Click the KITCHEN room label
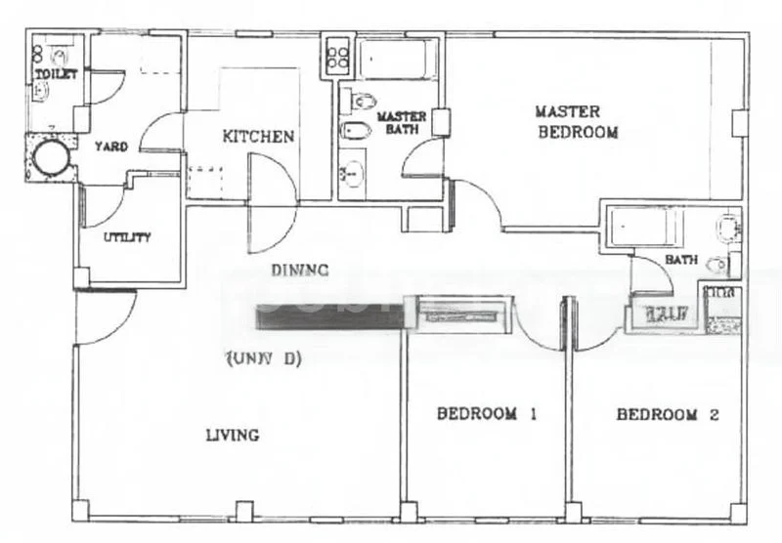pos(258,137)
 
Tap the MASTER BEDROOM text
pos(578,122)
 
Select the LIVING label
pos(233,435)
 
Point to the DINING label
pos(299,271)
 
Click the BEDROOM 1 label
pos(487,414)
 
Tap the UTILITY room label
pos(127,237)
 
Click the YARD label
pos(110,146)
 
